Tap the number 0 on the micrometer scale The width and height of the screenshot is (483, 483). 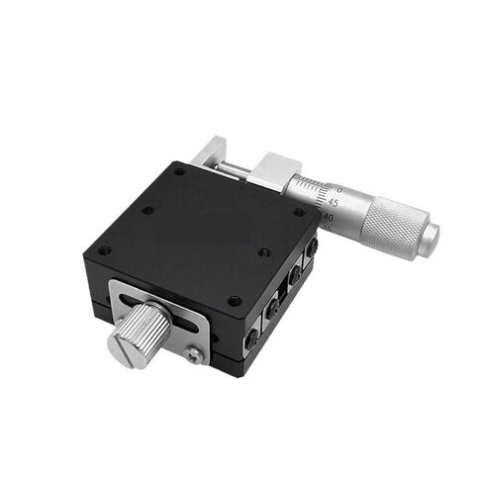click(339, 189)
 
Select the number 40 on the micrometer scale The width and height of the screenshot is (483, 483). click(329, 218)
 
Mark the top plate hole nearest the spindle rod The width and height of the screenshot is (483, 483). click(179, 170)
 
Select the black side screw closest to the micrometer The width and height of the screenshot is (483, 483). click(311, 247)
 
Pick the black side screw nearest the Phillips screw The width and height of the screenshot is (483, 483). click(251, 338)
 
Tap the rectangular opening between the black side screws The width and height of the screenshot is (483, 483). click(282, 289)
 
